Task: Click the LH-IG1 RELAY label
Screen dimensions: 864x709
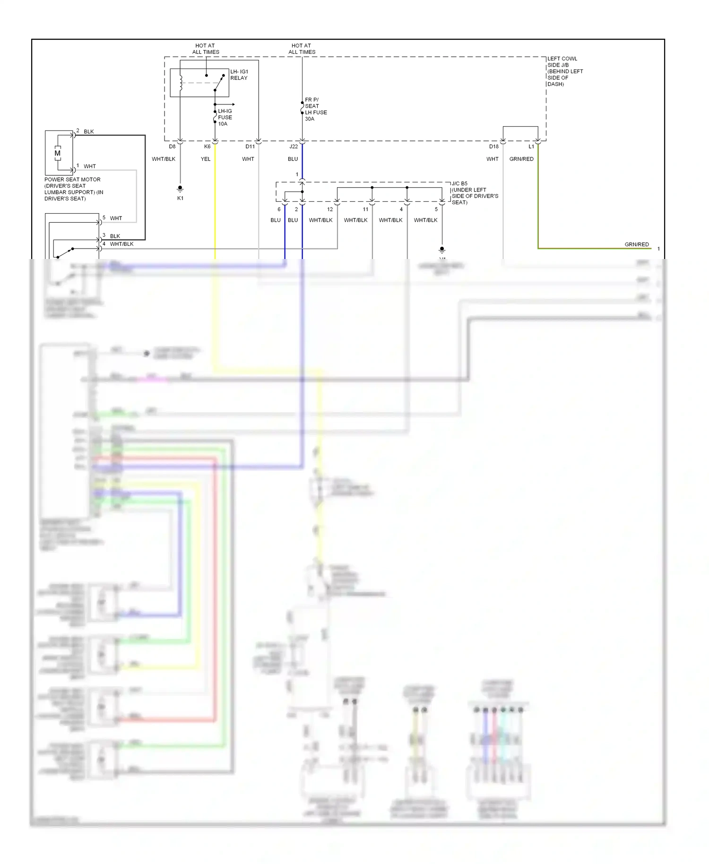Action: coord(239,75)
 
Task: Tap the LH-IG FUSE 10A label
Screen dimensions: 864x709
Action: coord(225,117)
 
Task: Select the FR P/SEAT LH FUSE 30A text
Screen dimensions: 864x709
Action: coord(316,109)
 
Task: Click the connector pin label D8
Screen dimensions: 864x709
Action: coord(172,147)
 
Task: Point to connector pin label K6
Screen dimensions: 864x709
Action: coord(207,147)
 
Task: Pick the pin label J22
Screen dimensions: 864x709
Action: coord(294,147)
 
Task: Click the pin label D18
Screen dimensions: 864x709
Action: coord(493,147)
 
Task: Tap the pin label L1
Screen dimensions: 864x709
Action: coord(531,147)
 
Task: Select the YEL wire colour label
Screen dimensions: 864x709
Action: coord(206,159)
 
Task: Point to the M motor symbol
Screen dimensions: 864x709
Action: coord(58,153)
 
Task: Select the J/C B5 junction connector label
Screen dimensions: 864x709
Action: coord(459,183)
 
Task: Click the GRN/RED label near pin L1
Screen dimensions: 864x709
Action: coord(521,159)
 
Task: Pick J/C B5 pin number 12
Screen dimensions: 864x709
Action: coord(330,209)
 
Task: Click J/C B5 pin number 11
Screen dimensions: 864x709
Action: coord(365,209)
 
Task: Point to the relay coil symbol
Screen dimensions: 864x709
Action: coord(181,83)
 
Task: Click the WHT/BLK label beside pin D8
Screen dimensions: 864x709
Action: coord(164,159)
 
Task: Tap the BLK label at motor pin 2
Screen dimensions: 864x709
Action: coord(89,131)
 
